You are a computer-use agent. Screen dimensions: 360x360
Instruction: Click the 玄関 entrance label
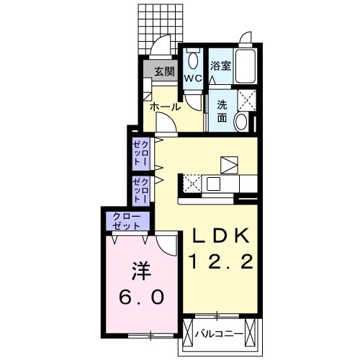(164, 71)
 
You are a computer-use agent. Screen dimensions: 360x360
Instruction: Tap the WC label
(193, 78)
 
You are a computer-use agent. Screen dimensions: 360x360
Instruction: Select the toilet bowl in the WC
(193, 60)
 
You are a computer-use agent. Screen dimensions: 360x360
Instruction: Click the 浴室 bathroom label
(220, 66)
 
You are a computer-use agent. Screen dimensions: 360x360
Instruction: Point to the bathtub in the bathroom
(245, 66)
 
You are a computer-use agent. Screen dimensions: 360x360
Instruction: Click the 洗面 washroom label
(222, 111)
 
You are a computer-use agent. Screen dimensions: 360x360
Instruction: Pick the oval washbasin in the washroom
(241, 122)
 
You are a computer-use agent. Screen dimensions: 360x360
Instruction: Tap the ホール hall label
(165, 107)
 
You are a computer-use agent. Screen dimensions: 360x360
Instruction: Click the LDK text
(220, 235)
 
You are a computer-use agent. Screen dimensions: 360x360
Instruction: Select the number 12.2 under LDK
(221, 261)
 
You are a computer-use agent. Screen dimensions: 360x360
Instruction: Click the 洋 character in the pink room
(141, 271)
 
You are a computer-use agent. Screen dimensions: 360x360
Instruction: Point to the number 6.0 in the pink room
(141, 297)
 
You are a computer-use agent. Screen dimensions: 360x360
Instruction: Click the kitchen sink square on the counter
(213, 184)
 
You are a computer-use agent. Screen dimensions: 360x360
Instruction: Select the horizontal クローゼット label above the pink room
(127, 221)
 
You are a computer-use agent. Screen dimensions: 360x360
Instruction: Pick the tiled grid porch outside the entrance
(161, 30)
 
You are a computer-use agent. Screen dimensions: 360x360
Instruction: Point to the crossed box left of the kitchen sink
(192, 184)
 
